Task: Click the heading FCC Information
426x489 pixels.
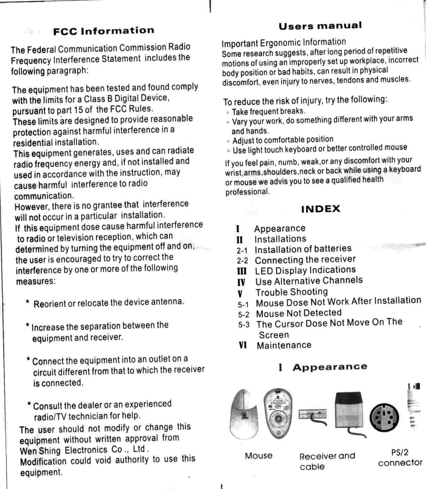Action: pos(103,31)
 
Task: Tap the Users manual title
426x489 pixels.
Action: pos(320,26)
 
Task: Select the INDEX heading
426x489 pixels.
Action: pos(321,209)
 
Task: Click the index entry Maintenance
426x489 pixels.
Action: pos(284,345)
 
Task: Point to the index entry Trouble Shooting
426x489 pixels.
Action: pos(291,292)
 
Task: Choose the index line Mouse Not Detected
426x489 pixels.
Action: pos(299,313)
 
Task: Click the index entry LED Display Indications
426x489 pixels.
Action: pos(305,270)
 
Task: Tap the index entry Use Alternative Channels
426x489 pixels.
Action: pos(309,281)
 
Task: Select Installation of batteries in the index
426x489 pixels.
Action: pos(303,249)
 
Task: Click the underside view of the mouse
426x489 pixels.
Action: pos(278,412)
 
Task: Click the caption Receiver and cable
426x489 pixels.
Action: pos(327,461)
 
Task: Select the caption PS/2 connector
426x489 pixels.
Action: pos(400,458)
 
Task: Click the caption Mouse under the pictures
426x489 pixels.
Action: pos(259,456)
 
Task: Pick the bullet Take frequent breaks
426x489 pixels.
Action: pos(268,111)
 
